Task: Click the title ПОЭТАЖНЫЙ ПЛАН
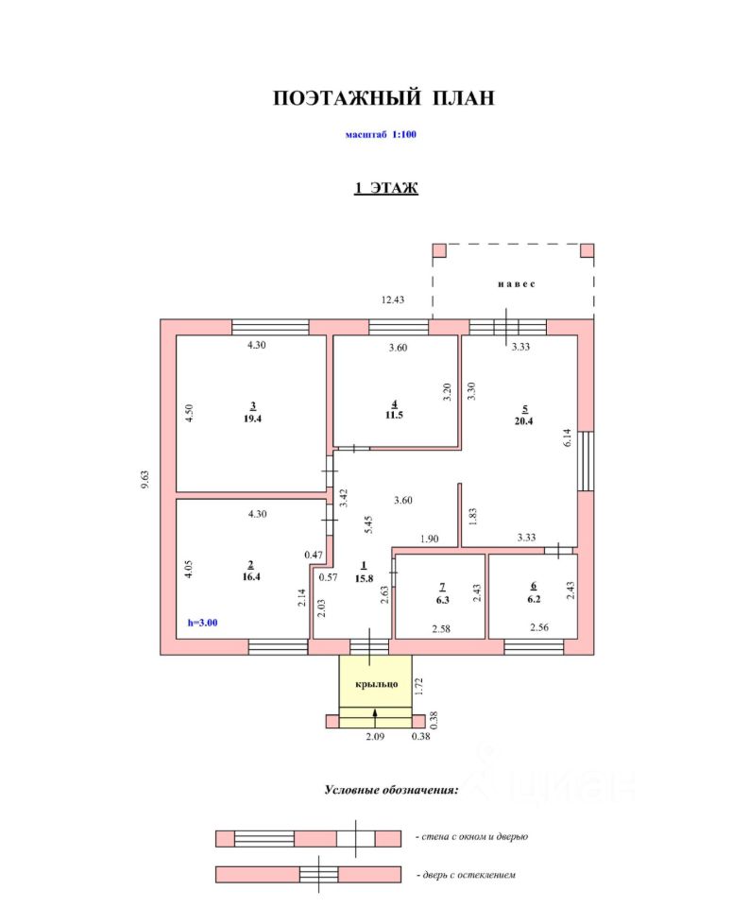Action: [383, 98]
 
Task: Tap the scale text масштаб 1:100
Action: [382, 134]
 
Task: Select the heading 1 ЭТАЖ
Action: [386, 188]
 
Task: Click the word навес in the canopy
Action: [516, 283]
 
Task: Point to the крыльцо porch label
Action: [376, 683]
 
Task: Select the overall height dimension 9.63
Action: [146, 480]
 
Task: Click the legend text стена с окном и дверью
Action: [470, 837]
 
